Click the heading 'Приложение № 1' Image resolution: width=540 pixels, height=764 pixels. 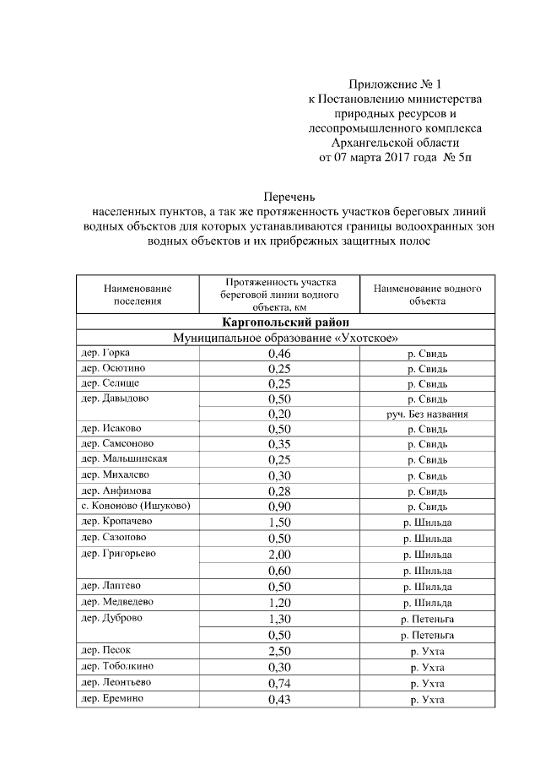(395, 84)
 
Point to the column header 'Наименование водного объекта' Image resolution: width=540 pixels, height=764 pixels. (427, 294)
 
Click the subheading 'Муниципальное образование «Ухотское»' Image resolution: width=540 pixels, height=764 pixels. (286, 338)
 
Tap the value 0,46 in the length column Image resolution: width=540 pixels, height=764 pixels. (279, 354)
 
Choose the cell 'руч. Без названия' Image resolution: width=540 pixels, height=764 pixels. (427, 415)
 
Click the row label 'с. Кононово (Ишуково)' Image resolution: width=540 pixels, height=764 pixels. (135, 506)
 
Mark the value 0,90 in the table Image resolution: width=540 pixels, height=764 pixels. (279, 507)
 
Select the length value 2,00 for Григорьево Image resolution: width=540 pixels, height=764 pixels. (279, 555)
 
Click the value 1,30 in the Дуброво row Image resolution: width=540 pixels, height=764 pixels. (279, 619)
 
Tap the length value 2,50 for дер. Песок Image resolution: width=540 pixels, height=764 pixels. (279, 651)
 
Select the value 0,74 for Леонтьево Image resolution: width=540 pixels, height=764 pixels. (279, 684)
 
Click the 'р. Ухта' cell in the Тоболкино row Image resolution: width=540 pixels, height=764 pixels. (427, 668)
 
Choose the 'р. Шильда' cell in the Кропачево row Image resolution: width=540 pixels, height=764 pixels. (427, 523)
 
